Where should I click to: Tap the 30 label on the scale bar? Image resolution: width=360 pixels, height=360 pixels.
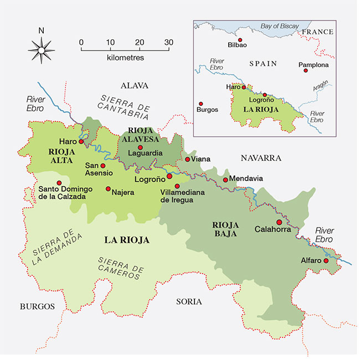(168, 42)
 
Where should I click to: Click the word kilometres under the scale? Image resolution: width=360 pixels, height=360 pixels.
(125, 57)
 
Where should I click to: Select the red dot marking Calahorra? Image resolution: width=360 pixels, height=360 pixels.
(279, 222)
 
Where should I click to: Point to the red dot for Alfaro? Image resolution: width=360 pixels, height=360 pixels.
(326, 261)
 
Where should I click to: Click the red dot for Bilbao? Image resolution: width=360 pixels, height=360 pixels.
(240, 40)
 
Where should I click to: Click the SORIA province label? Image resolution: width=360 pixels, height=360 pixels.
(189, 301)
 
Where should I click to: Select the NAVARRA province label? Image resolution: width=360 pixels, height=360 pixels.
(261, 158)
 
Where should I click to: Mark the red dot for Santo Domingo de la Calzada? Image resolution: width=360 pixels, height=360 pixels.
(59, 183)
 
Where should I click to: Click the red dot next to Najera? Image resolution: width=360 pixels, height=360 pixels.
(108, 188)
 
